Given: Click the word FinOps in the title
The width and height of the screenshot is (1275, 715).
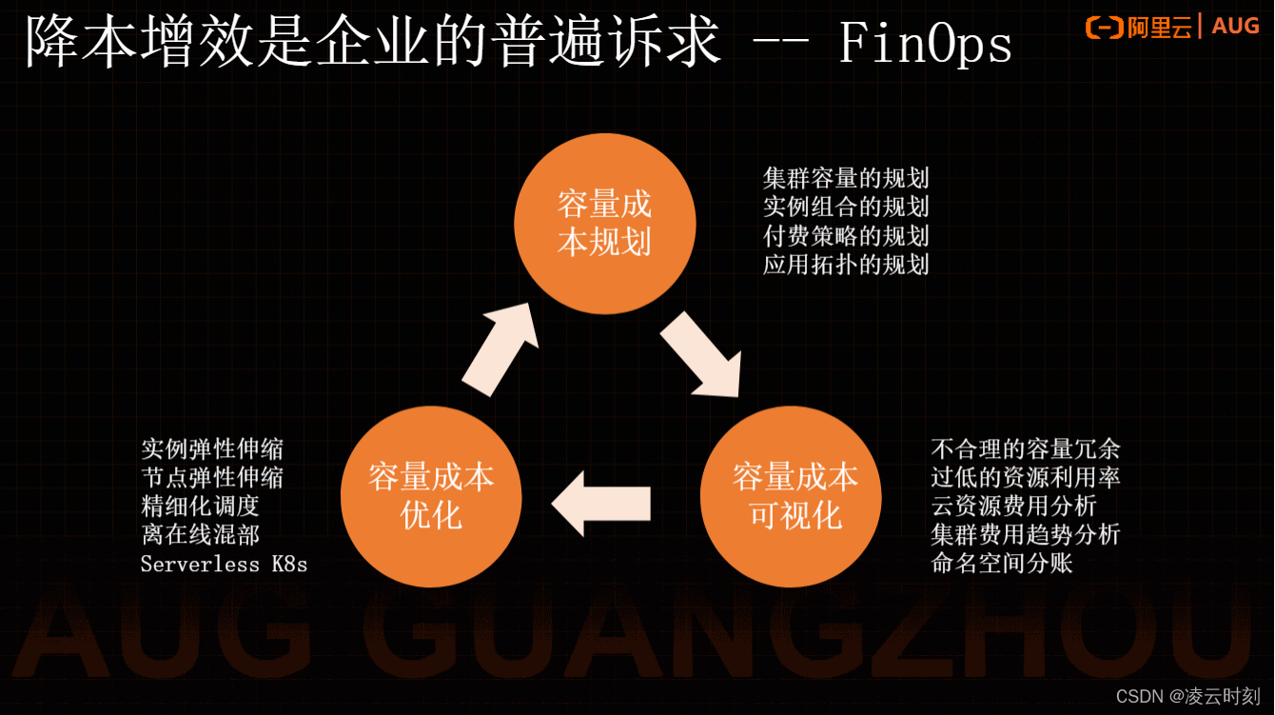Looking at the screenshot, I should (x=925, y=44).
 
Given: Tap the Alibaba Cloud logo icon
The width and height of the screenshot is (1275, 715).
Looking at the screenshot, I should (x=1104, y=28).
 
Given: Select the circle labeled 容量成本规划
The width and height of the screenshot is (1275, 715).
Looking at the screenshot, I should (x=605, y=224).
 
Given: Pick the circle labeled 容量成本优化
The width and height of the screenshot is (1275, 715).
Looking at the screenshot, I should (x=431, y=496).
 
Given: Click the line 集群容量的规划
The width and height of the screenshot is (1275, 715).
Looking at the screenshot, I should (x=845, y=178).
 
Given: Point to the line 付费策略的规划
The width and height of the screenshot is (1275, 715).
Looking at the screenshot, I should (x=845, y=235).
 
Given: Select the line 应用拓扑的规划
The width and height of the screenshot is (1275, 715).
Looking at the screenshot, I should (x=845, y=264).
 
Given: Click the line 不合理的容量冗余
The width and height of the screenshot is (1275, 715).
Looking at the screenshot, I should (x=1025, y=448).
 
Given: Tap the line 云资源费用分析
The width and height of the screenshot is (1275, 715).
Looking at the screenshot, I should (x=1013, y=506).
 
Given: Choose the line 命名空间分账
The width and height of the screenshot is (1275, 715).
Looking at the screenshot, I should (x=1002, y=563).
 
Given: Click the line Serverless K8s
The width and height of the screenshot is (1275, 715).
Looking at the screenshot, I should (x=224, y=564).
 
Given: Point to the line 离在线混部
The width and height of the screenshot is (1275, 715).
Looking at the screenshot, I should (x=200, y=534).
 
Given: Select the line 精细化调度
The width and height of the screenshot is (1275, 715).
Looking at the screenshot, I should (x=200, y=506).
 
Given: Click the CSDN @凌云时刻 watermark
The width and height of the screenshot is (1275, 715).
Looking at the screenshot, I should (x=1187, y=696).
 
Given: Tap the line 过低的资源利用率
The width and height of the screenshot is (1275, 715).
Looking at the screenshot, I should (x=1025, y=477).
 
